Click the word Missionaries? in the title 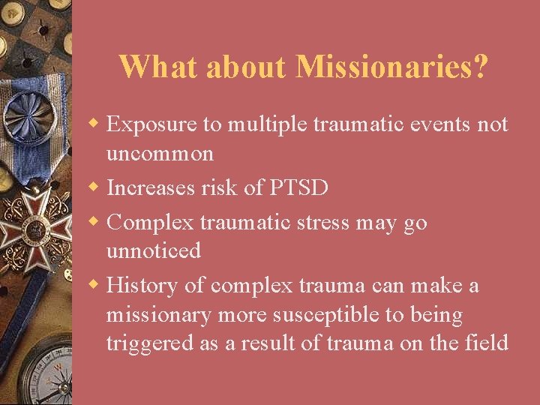click(x=392, y=67)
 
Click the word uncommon click(x=160, y=154)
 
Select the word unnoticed click(x=154, y=250)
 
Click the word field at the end click(x=489, y=343)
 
